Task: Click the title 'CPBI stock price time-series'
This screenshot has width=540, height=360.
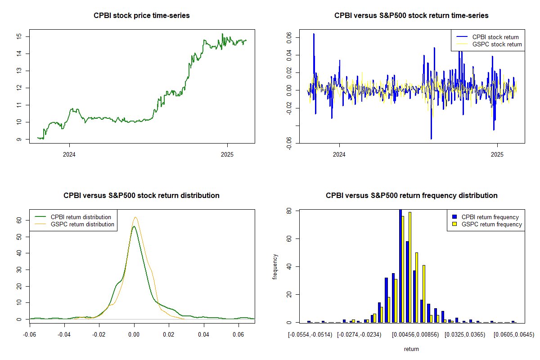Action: point(142,15)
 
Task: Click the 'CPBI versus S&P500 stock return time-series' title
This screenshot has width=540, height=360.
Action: point(411,15)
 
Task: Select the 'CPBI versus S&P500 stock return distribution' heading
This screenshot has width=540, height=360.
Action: point(142,195)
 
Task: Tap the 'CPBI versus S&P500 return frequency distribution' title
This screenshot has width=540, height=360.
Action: point(411,195)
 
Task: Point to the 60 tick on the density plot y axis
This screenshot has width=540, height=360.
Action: point(19,220)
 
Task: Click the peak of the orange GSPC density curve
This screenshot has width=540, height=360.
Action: point(135,217)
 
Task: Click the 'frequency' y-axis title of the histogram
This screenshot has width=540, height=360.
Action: point(275,266)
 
